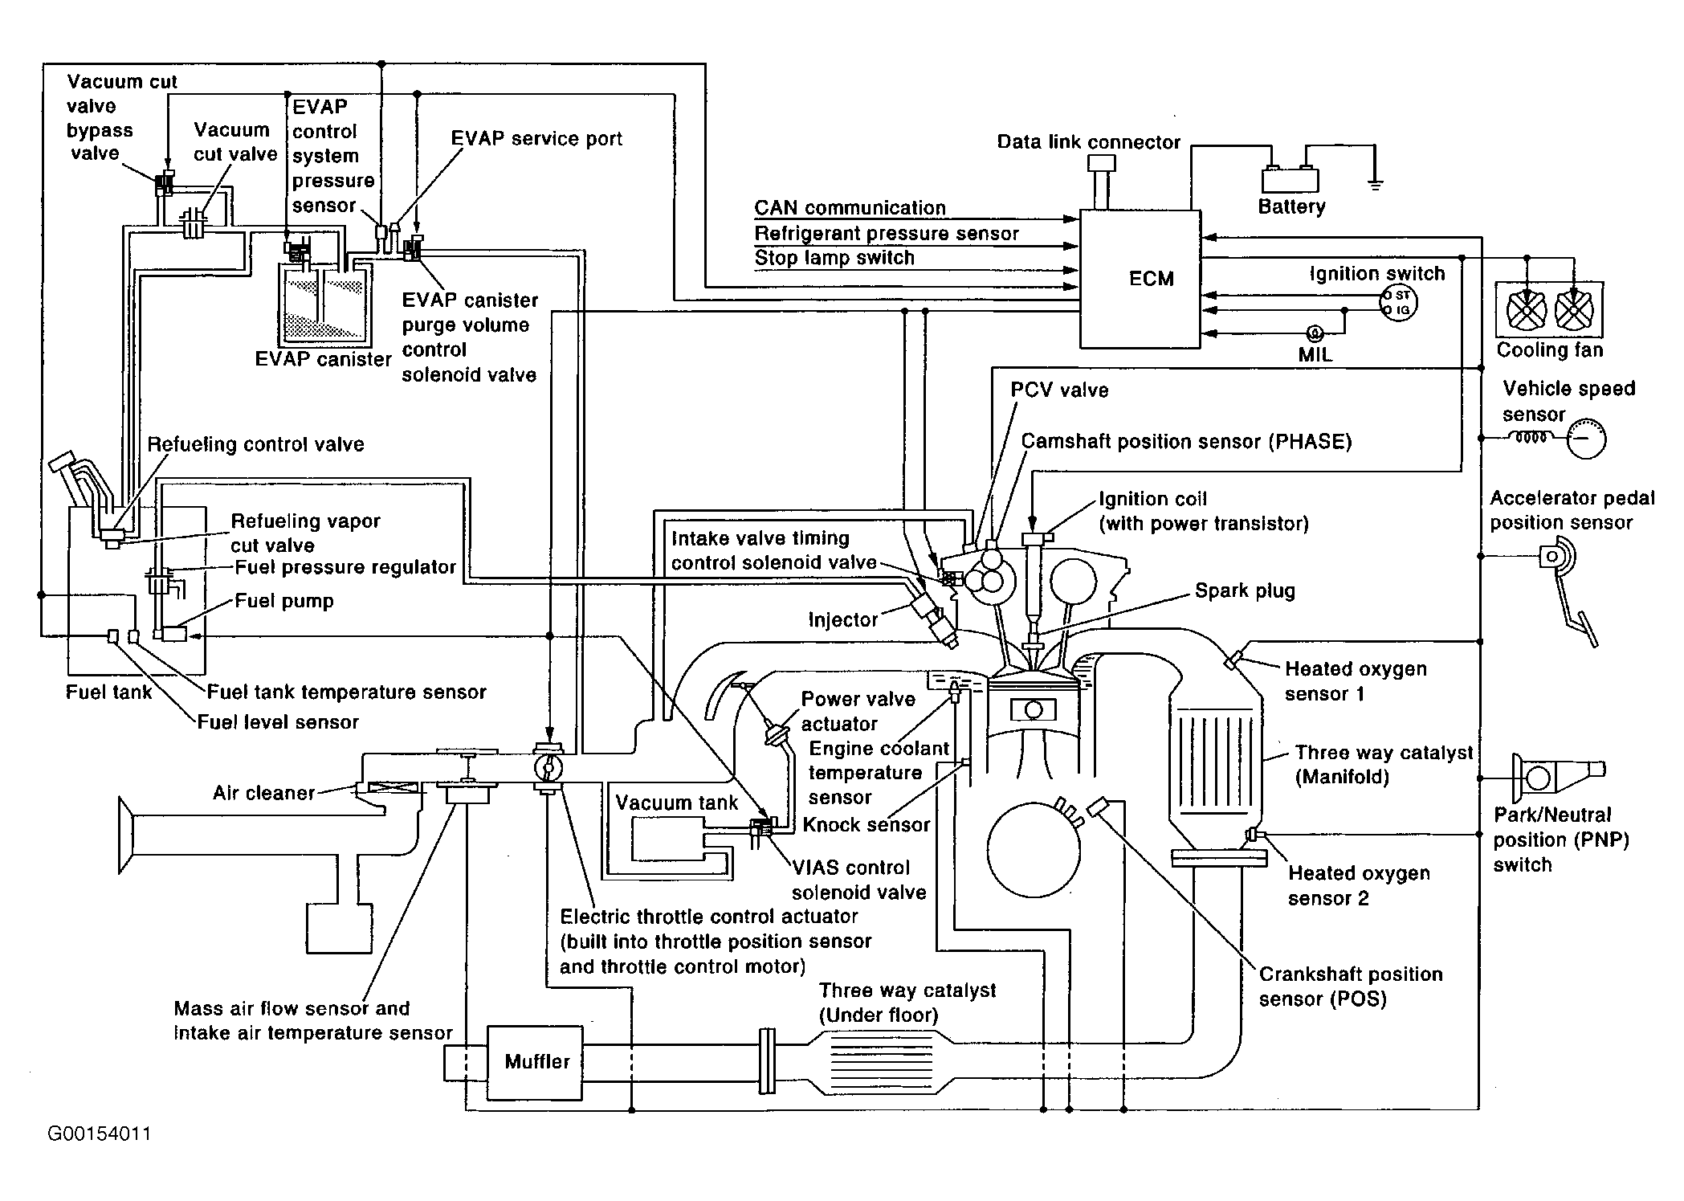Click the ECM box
point(1140,280)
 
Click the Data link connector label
point(1088,143)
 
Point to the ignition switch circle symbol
point(1398,303)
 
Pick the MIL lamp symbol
point(1315,333)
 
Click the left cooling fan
point(1522,309)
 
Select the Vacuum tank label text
point(676,803)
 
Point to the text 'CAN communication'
point(850,208)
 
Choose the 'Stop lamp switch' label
point(834,259)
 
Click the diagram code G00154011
point(99,1134)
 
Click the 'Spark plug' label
point(1245,591)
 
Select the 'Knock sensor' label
point(866,825)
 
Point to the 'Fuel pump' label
point(283,602)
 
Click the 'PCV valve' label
point(1059,390)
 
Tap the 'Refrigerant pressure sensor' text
point(887,234)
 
